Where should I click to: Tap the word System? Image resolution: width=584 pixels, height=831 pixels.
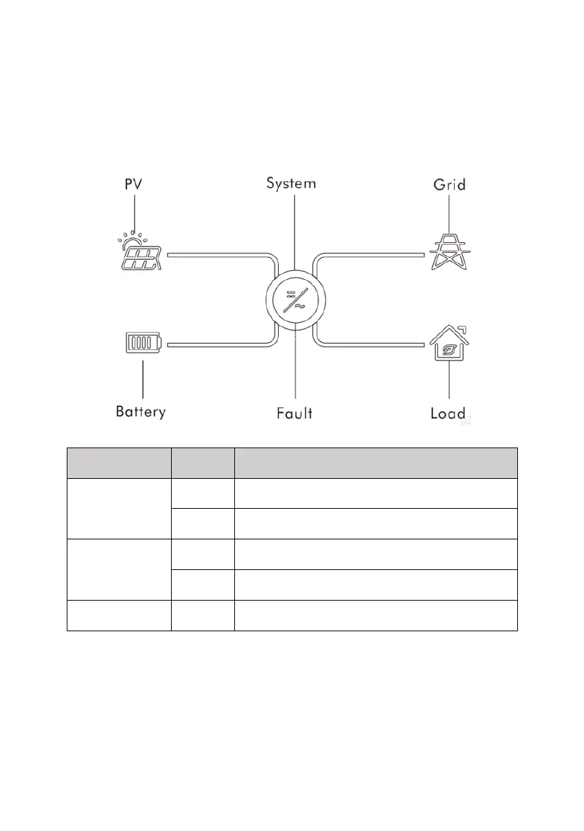292,184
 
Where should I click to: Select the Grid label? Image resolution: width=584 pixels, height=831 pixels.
448,184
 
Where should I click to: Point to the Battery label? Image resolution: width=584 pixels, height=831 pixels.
140,411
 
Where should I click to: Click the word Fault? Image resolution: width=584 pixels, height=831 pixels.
294,413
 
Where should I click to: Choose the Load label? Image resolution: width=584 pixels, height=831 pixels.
448,413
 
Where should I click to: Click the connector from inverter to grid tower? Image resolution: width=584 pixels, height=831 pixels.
368,255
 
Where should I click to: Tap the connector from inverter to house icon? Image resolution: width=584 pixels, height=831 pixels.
368,343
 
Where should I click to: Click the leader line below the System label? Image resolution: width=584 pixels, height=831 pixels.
295,230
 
